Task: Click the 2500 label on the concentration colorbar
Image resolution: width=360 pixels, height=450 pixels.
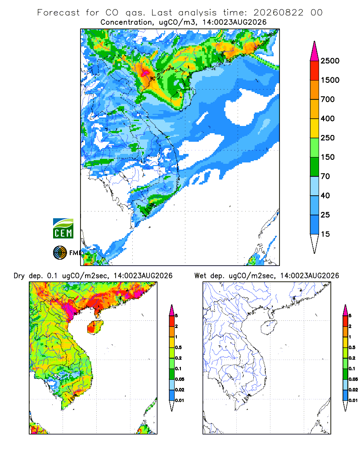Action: tap(330, 61)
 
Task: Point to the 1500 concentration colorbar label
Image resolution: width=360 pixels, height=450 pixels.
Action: tap(330, 80)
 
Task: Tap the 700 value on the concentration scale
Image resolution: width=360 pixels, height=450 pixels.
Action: tap(328, 99)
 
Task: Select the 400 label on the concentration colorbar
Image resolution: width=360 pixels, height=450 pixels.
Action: tap(328, 118)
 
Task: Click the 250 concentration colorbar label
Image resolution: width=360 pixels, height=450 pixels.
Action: tap(328, 138)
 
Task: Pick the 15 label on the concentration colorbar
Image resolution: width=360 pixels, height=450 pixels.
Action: tap(325, 234)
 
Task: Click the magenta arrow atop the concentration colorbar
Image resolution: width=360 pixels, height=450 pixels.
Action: tap(315, 51)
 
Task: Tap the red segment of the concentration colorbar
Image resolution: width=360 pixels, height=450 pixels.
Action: tap(315, 71)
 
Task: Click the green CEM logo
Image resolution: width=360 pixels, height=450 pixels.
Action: tap(63, 229)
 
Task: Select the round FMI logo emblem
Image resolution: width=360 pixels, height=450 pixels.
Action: tap(60, 253)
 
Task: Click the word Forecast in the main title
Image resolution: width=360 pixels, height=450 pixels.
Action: tap(58, 13)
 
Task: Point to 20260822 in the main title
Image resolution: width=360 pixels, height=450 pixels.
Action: tap(278, 13)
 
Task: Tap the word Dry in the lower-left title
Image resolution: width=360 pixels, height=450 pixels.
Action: tap(19, 276)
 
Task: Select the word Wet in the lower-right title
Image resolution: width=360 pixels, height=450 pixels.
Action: tap(200, 276)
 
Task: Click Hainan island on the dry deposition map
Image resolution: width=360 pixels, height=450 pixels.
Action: tap(95, 327)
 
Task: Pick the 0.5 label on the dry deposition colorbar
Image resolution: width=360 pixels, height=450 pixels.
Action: tap(178, 347)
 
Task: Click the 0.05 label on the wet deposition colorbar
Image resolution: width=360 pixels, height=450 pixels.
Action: tap(353, 379)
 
